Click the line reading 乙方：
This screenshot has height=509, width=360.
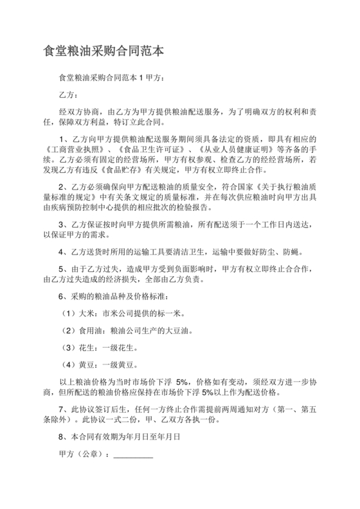pyautogui.click(x=68, y=94)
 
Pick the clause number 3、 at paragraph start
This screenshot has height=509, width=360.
pyautogui.click(x=63, y=225)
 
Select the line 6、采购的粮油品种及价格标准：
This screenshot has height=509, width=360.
pyautogui.click(x=113, y=297)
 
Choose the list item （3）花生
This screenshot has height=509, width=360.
pyautogui.click(x=75, y=347)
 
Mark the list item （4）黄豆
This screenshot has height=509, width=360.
pyautogui.click(x=75, y=364)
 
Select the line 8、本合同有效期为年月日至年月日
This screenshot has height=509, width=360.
pyautogui.click(x=118, y=436)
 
